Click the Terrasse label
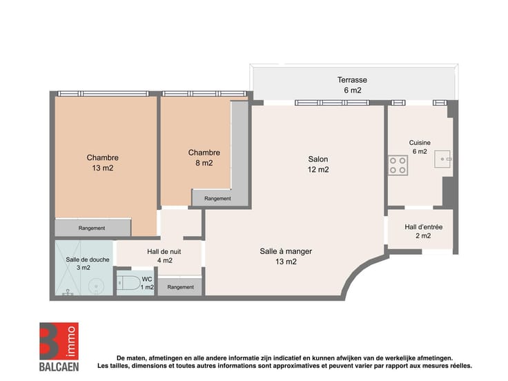tap(352, 85)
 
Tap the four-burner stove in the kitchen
tap(398, 165)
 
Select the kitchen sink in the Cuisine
tap(442, 159)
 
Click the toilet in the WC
tap(128, 283)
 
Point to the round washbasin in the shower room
tap(96, 286)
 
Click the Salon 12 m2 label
tap(318, 164)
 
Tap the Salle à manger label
tap(286, 251)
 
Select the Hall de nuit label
tap(164, 252)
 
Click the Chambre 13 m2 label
tap(103, 163)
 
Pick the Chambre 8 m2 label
tap(204, 157)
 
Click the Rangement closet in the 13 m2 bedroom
tap(92, 228)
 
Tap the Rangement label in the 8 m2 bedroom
tap(217, 198)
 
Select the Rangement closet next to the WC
tap(180, 286)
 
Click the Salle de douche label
tap(88, 260)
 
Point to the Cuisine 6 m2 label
tap(420, 147)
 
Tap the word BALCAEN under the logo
tap(59, 367)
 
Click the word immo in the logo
tap(72, 341)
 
